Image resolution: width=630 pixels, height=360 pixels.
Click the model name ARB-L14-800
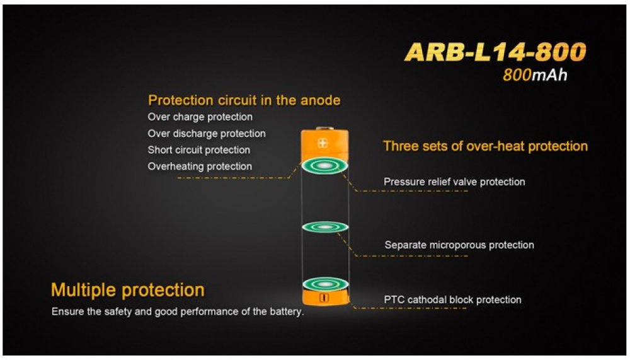pos(495,52)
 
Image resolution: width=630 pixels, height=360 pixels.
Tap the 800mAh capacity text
pos(535,75)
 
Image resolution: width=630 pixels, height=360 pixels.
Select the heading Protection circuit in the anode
pos(244,100)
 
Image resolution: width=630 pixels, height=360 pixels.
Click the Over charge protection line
pos(200,117)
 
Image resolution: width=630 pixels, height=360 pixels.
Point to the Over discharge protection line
pos(207,134)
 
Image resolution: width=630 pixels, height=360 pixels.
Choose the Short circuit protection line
pos(199,150)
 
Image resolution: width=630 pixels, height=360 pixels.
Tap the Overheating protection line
pos(200,166)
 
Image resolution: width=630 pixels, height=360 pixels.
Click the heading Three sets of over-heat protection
pos(485,146)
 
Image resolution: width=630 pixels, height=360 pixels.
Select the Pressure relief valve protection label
pos(454,182)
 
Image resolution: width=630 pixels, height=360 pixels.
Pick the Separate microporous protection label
pos(459,245)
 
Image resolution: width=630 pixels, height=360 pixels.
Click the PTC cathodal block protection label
pos(453,299)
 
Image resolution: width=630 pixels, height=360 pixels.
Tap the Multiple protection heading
pos(128,290)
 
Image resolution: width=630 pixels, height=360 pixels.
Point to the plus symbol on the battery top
pos(323,142)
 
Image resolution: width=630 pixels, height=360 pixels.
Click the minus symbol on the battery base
pos(324,298)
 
